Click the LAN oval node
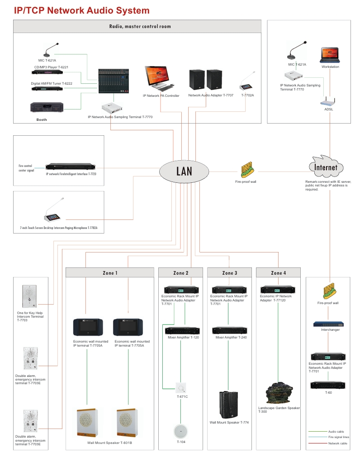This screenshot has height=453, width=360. click(x=184, y=171)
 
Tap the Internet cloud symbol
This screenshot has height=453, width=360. click(x=326, y=167)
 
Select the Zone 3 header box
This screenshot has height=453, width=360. click(x=229, y=272)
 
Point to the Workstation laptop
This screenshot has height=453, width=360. click(x=330, y=54)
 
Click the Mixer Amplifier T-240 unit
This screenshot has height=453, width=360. click(x=229, y=330)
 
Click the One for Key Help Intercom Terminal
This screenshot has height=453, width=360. click(x=28, y=296)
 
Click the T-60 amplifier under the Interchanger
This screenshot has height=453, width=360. click(x=328, y=385)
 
